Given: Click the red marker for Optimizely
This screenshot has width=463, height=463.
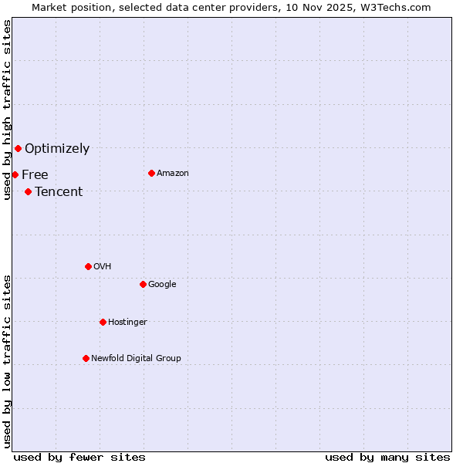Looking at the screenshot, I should [18, 148].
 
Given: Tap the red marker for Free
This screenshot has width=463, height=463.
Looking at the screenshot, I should [15, 174].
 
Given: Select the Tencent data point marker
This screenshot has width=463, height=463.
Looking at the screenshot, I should [28, 191].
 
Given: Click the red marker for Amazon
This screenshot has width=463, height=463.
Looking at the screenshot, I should [151, 173].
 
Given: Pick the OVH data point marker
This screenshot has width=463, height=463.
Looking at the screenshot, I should [88, 266].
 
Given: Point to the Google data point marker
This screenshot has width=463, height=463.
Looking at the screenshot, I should [143, 284].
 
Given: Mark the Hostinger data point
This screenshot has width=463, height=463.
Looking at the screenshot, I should [103, 322].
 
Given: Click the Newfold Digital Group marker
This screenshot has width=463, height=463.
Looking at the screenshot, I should [86, 358].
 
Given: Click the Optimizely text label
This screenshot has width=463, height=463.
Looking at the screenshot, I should [57, 148].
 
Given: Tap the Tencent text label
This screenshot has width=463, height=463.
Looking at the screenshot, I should [59, 191].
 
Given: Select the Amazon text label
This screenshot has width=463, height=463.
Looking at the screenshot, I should [173, 173].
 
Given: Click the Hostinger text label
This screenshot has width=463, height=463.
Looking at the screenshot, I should [127, 322].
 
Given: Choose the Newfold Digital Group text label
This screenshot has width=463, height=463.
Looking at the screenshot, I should [136, 358].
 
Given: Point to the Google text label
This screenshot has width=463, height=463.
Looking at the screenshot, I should [162, 284].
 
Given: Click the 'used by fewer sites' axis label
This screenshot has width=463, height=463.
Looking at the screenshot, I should [79, 457].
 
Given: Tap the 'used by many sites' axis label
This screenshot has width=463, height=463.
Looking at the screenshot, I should [387, 457].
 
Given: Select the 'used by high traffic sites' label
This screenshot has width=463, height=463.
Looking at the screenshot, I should [7, 110].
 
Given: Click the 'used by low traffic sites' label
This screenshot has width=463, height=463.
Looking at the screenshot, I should [7, 361].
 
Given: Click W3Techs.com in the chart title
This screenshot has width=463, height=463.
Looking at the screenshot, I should [398, 7].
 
